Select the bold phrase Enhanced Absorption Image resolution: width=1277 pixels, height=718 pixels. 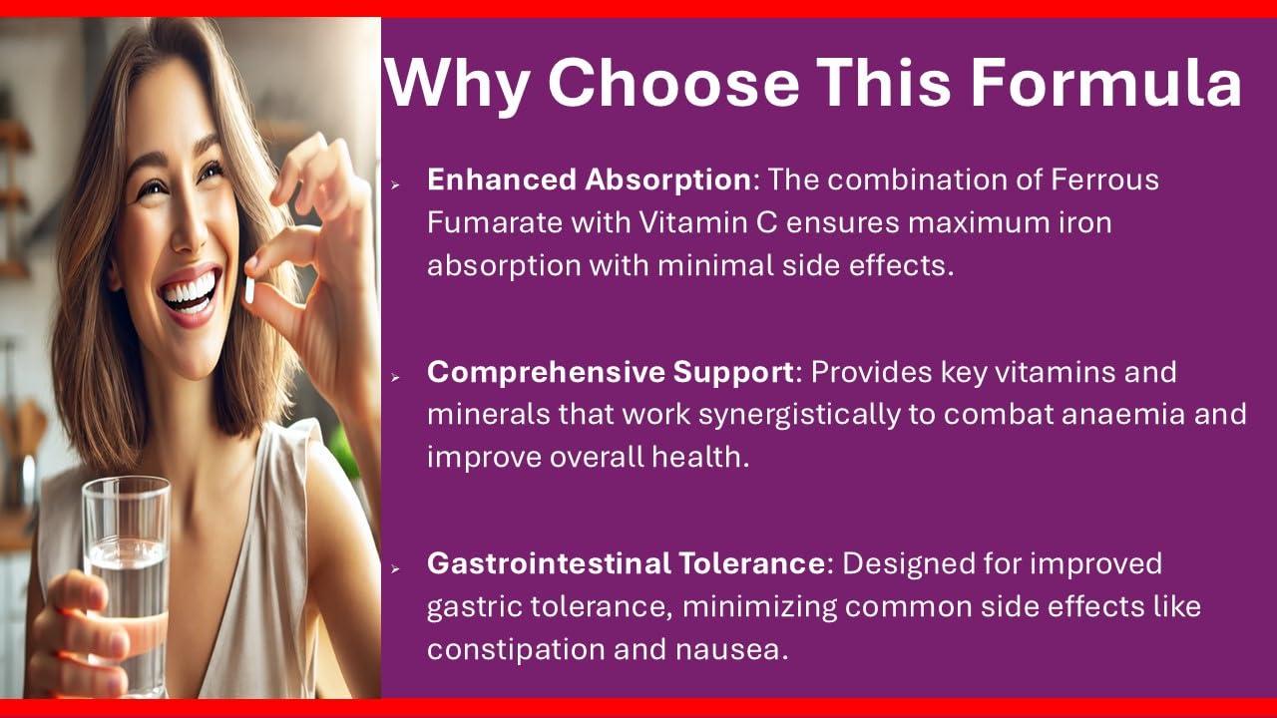point(589,180)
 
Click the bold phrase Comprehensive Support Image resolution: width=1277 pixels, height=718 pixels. point(611,372)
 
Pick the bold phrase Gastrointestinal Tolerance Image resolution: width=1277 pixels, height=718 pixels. point(626,563)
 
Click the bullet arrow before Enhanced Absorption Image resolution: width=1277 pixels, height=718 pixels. point(396,184)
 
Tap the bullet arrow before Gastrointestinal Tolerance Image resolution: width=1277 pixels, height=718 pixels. point(396,567)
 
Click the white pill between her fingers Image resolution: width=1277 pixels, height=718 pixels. point(249,288)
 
